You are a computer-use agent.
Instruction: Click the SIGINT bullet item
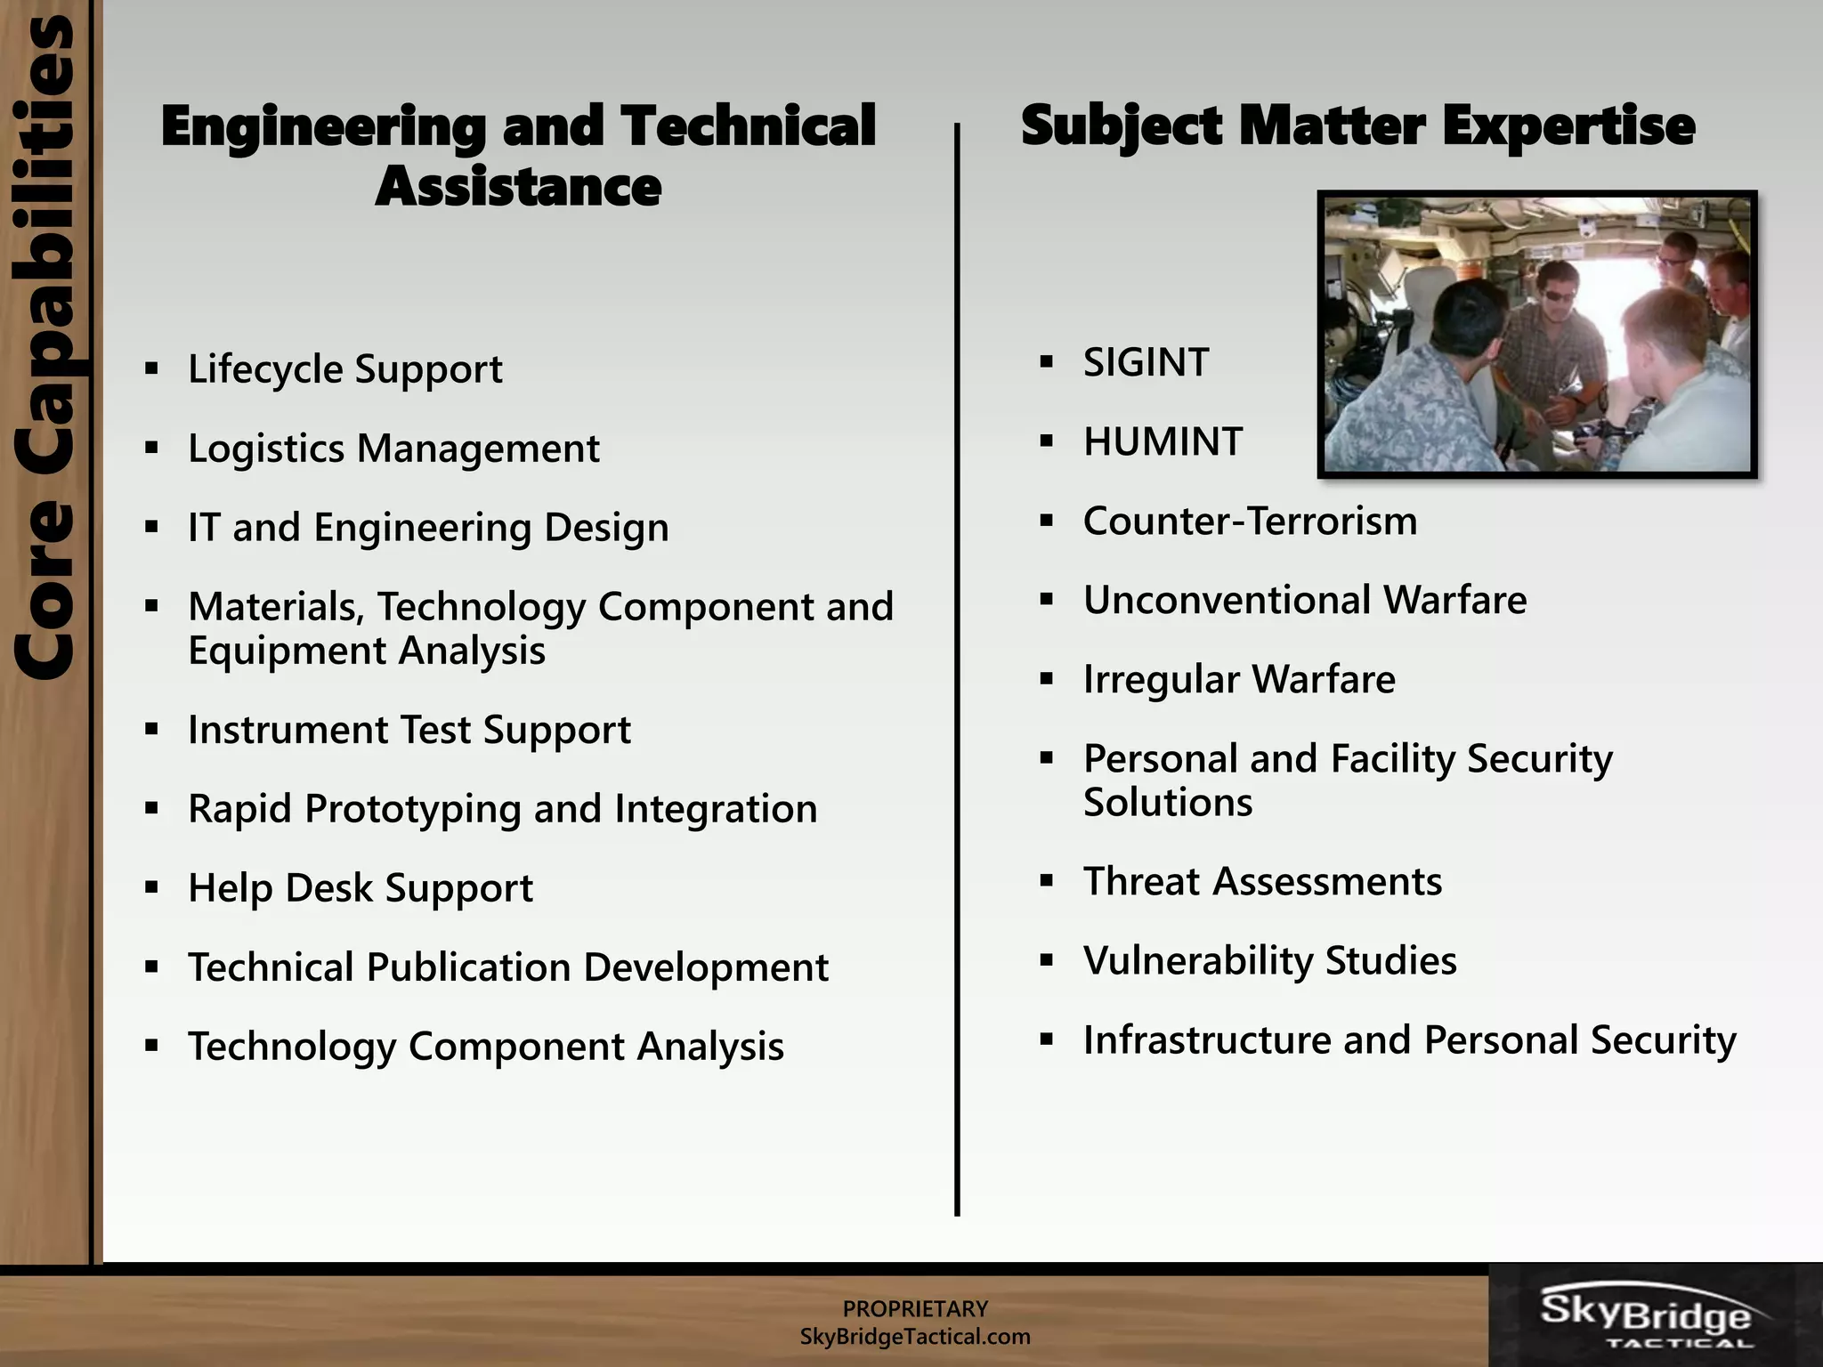(x=1146, y=363)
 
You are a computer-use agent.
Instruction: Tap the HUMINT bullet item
(x=1163, y=442)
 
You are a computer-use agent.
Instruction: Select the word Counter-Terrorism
(x=1250, y=522)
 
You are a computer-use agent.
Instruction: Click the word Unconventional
(x=1227, y=601)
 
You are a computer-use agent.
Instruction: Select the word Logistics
(x=265, y=449)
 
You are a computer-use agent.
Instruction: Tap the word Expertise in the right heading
(x=1568, y=125)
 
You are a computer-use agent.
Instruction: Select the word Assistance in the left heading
(x=518, y=187)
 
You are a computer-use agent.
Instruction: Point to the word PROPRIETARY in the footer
(x=915, y=1308)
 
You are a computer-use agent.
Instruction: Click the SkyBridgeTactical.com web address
(x=915, y=1337)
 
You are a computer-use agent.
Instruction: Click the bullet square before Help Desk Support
(x=152, y=887)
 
